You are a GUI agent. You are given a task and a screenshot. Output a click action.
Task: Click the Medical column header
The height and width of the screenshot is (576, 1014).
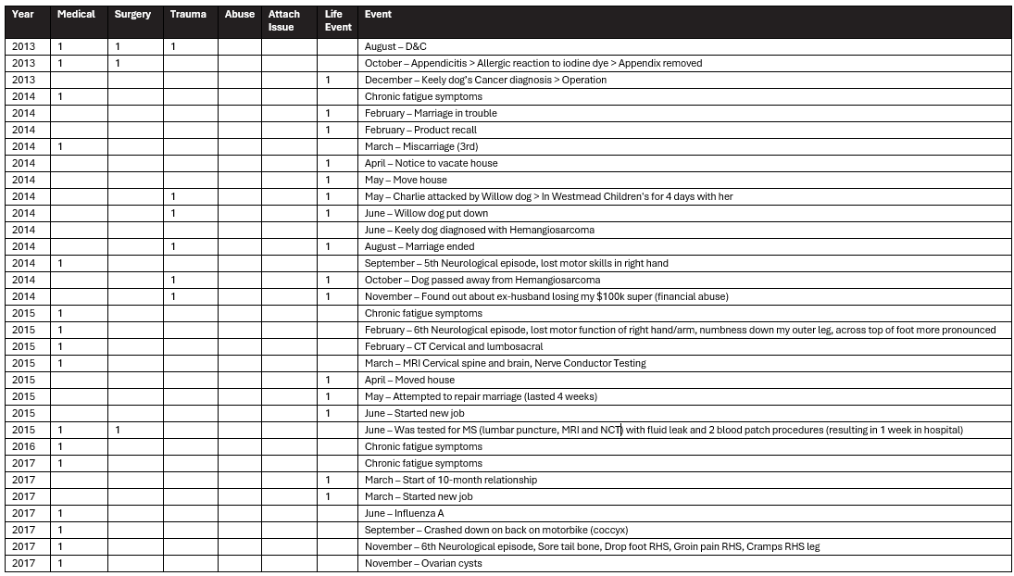pyautogui.click(x=76, y=15)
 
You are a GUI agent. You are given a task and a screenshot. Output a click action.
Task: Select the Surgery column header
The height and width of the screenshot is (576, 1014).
pyautogui.click(x=132, y=15)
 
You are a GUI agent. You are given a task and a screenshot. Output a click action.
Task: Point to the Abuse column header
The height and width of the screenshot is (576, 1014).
pyautogui.click(x=240, y=15)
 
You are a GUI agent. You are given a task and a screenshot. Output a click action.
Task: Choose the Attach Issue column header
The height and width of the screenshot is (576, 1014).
pyautogui.click(x=284, y=20)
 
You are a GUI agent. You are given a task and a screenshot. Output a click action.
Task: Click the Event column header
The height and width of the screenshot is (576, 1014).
pyautogui.click(x=378, y=15)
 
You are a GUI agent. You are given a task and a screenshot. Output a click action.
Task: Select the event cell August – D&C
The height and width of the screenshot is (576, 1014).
pyautogui.click(x=395, y=46)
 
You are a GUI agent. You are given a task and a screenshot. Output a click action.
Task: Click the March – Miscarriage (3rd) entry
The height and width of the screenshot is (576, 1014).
pyautogui.click(x=421, y=146)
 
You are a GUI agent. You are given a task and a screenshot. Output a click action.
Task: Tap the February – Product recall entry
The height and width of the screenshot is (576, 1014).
pyautogui.click(x=420, y=130)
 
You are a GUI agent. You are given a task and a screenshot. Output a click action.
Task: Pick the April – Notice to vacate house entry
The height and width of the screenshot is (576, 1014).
pyautogui.click(x=431, y=163)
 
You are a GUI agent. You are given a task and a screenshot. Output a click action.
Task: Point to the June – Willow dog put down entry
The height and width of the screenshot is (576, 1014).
pyautogui.click(x=426, y=213)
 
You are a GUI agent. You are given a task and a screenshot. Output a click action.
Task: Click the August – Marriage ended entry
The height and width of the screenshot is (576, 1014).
pyautogui.click(x=419, y=246)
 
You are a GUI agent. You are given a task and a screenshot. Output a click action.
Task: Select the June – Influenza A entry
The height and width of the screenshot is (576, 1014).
pyautogui.click(x=411, y=513)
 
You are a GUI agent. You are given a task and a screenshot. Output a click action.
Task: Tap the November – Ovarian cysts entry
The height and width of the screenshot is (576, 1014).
pyautogui.click(x=423, y=563)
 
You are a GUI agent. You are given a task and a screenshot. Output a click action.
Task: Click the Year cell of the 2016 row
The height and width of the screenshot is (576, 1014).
pyautogui.click(x=24, y=446)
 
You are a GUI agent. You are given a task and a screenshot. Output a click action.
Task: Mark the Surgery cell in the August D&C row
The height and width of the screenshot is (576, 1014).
pyautogui.click(x=118, y=46)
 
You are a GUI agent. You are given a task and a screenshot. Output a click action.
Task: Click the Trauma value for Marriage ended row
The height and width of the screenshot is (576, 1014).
pyautogui.click(x=173, y=246)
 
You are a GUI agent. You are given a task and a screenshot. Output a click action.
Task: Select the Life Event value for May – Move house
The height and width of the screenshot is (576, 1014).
pyautogui.click(x=328, y=180)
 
